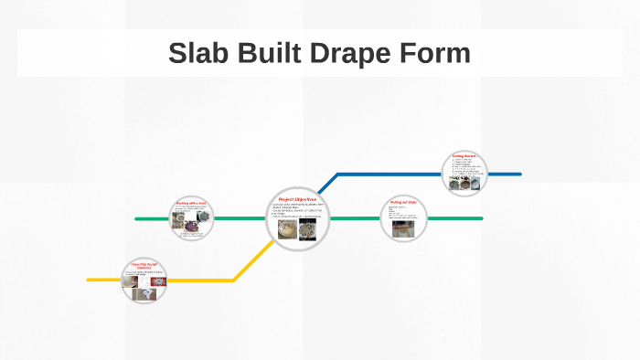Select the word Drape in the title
click(351, 53)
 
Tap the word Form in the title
click(435, 53)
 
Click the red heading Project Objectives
click(297, 198)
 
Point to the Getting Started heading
click(464, 156)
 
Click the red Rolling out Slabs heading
click(403, 202)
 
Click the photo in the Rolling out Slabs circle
click(402, 228)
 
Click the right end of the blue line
click(519, 174)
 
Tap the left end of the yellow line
click(89, 280)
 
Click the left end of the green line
click(136, 218)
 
